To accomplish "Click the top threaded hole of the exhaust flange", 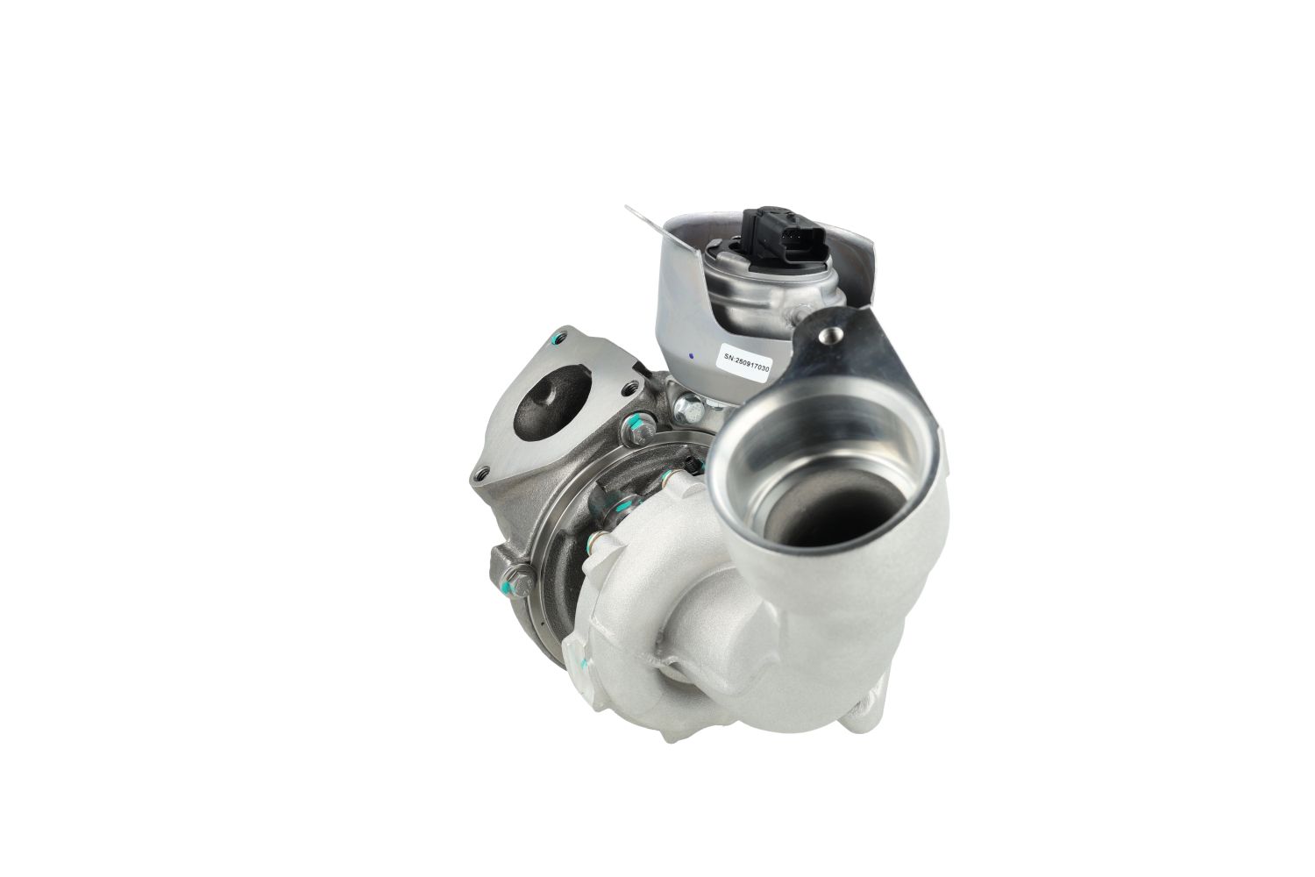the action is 559,338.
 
